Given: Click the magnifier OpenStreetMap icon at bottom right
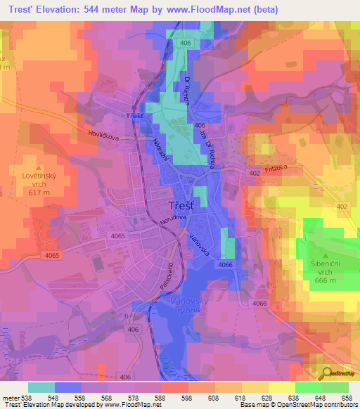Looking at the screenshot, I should point(326,372).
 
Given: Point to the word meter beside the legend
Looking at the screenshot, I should point(10,397).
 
